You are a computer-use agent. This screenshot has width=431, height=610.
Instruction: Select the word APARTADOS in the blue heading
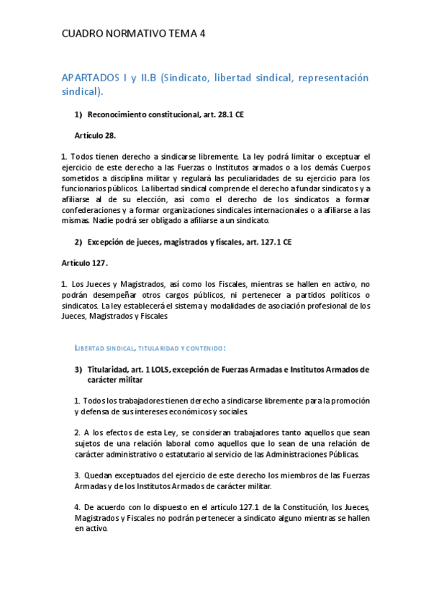(89, 78)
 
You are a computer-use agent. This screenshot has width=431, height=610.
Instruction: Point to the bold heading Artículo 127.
(84, 263)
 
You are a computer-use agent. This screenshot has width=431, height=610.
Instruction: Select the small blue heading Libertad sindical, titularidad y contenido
(150, 348)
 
